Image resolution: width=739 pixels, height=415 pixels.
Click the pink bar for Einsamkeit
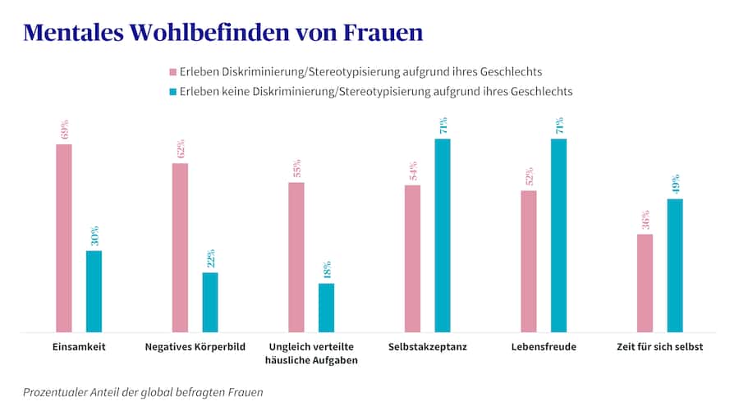click(x=64, y=238)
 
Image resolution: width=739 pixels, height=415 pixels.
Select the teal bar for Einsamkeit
click(x=94, y=291)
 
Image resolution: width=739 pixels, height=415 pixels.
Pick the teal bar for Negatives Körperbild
click(x=210, y=302)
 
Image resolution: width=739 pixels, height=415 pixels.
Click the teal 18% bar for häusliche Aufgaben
click(x=326, y=308)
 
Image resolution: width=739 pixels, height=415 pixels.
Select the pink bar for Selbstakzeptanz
click(x=412, y=258)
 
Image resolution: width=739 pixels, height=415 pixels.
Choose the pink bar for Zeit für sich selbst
click(x=645, y=283)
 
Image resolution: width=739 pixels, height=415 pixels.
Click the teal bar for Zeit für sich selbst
click(x=675, y=265)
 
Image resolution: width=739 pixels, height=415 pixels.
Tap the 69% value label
click(x=64, y=130)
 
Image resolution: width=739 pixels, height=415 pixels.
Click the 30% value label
click(x=94, y=235)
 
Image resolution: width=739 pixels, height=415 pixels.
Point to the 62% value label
click(x=180, y=148)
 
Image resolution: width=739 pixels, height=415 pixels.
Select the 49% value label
click(x=675, y=184)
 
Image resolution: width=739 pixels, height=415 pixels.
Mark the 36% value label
click(x=645, y=220)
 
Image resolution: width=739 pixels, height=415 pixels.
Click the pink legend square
click(x=172, y=72)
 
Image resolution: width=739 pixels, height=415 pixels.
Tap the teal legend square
click(x=172, y=92)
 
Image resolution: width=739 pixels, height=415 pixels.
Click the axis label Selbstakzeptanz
click(x=427, y=347)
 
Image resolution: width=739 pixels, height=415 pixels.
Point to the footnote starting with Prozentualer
click(x=143, y=392)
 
